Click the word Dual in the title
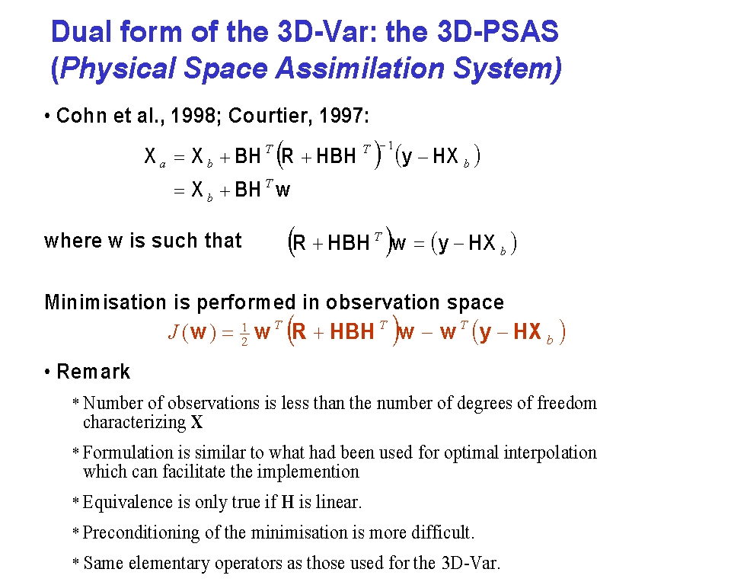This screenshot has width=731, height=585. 81,32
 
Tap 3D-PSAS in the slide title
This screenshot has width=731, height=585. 498,32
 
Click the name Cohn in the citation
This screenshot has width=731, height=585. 81,115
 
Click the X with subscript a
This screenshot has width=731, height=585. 155,156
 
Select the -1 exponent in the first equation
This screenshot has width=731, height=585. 388,145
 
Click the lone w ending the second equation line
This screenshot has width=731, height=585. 283,190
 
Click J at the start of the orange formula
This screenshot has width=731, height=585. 173,332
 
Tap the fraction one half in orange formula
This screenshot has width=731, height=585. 244,334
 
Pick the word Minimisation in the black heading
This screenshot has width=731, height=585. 105,302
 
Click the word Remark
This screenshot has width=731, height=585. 93,372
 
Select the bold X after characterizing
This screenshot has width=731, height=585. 196,422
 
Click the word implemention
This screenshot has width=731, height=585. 308,472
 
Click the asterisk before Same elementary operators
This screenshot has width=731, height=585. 76,561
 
